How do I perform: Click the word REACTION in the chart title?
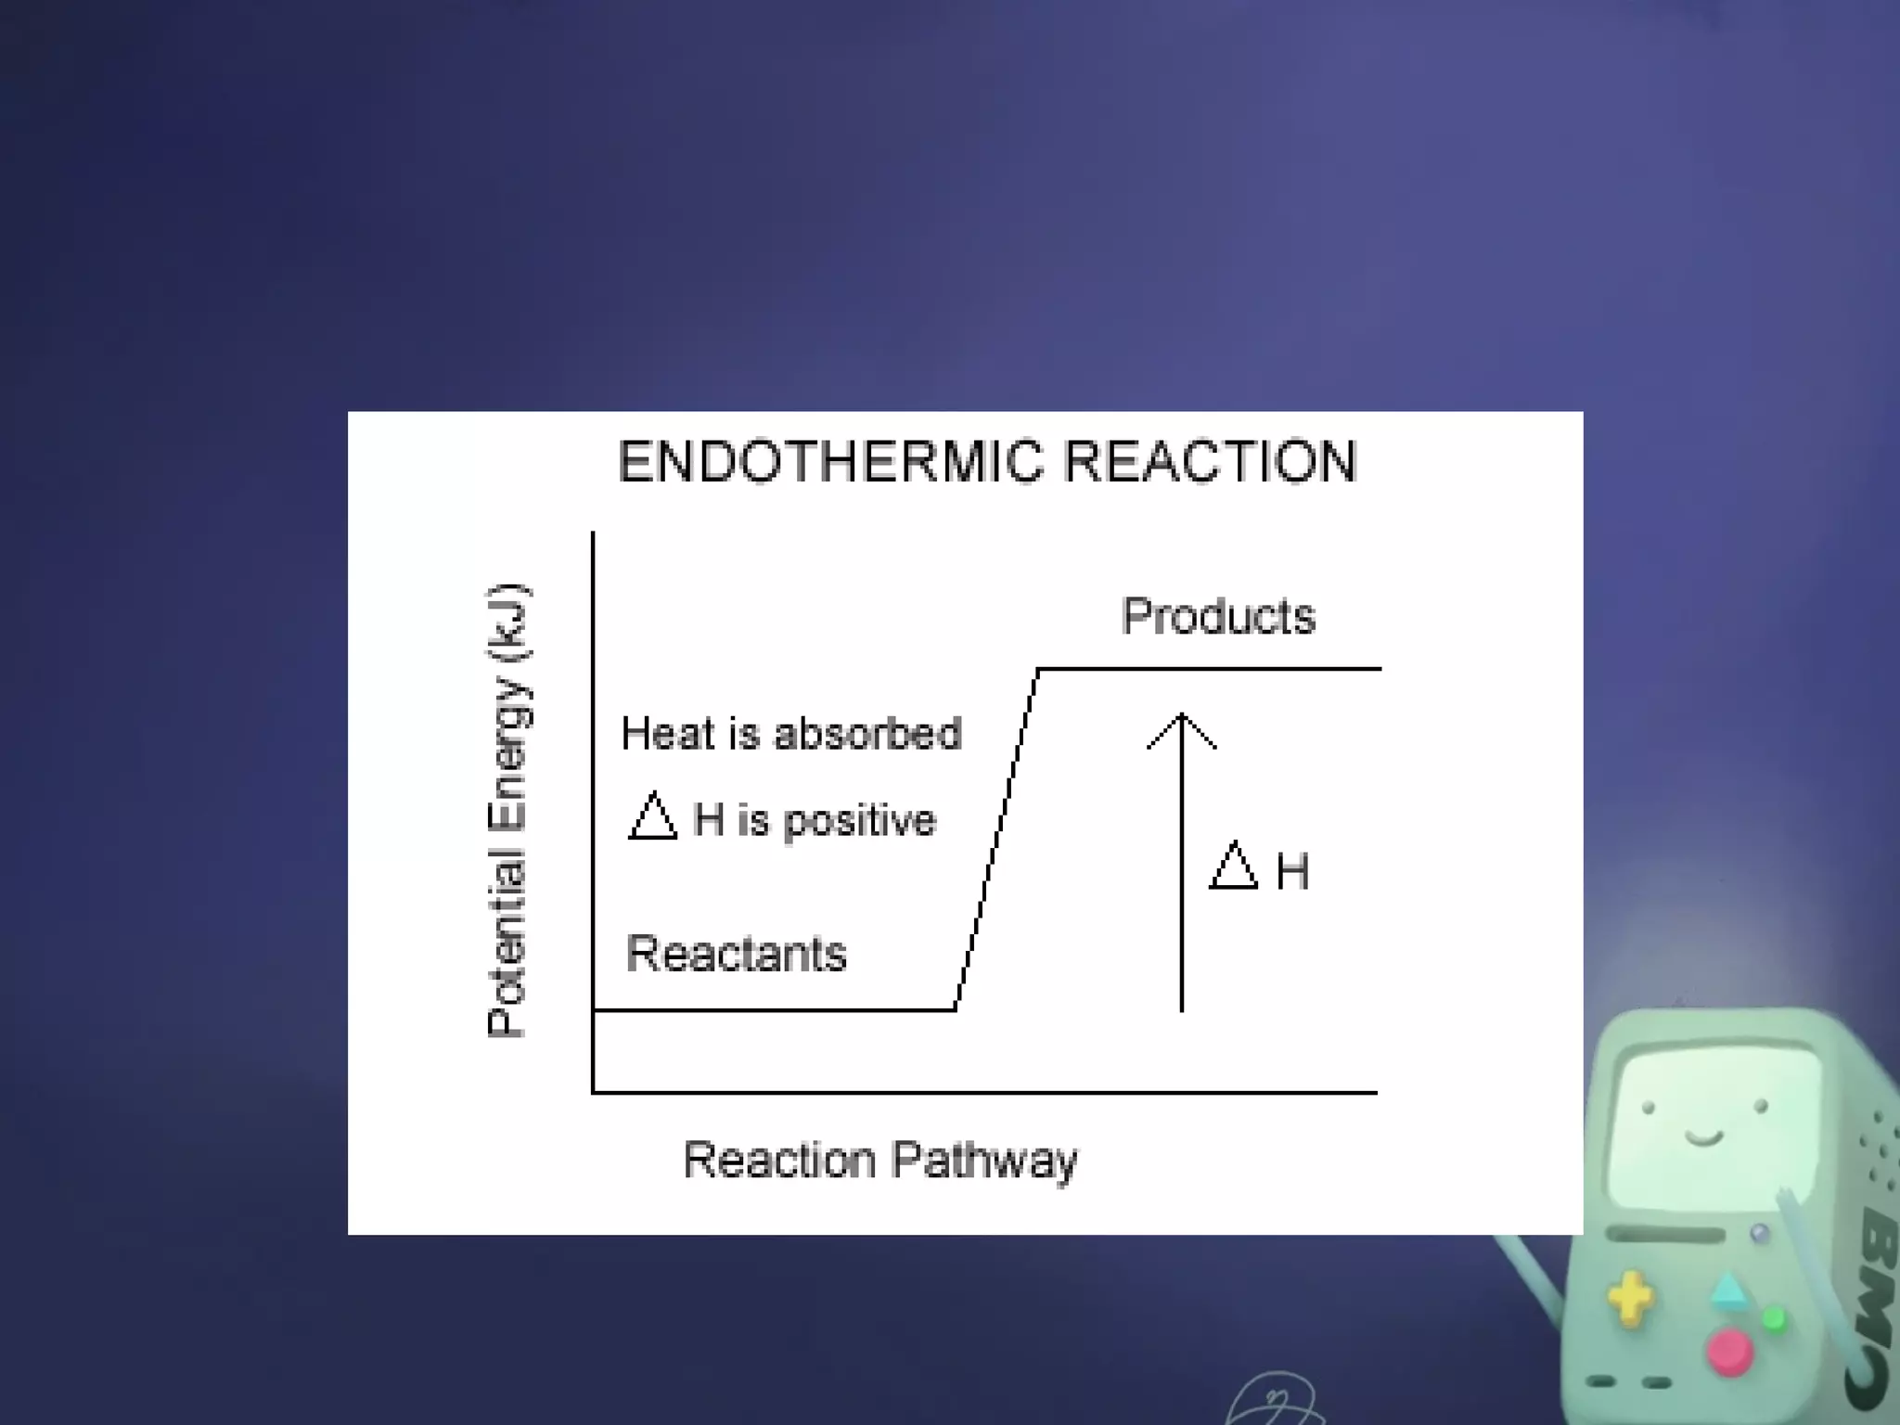pos(1211,462)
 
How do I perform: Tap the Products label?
pos(1218,616)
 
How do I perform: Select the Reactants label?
pos(737,954)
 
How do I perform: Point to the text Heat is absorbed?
pos(790,734)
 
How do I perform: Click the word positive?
pos(860,821)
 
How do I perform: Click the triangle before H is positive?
pos(652,818)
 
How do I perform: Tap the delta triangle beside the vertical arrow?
pos(1234,867)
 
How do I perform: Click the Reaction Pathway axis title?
pos(879,1161)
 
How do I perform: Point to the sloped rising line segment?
pos(996,840)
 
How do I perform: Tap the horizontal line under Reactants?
pos(774,1009)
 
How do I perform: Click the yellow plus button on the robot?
pos(1630,1298)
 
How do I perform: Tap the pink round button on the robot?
pos(1729,1352)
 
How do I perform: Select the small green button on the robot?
pos(1774,1318)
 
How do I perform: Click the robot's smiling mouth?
pos(1704,1138)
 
